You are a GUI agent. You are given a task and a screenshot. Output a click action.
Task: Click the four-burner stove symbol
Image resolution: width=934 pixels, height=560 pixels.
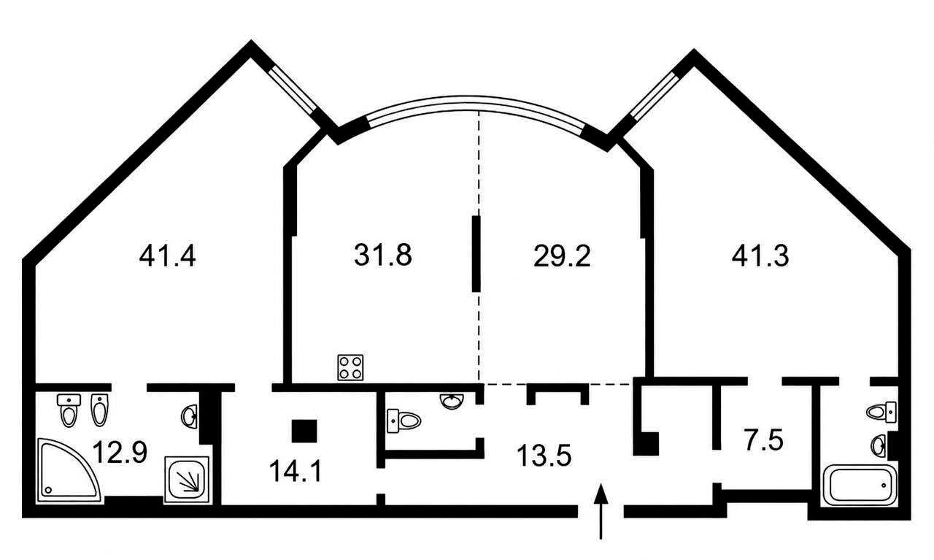(x=350, y=368)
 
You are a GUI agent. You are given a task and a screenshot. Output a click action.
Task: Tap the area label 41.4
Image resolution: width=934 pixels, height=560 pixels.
(x=167, y=256)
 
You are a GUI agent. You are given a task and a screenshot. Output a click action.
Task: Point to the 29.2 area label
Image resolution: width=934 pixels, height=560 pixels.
(x=562, y=256)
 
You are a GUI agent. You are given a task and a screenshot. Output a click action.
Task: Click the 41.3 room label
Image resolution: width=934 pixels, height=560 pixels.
(x=760, y=256)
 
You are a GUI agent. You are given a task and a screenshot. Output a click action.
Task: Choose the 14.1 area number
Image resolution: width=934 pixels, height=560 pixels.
(x=296, y=471)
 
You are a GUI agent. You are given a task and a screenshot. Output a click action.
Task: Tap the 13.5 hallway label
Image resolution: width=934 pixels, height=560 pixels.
(x=544, y=456)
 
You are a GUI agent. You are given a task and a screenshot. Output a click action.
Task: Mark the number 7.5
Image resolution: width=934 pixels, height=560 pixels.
(x=764, y=440)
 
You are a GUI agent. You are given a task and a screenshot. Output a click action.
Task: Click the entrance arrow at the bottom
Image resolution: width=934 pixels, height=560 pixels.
(x=601, y=511)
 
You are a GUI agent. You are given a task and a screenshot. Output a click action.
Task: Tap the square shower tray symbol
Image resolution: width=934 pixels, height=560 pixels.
(x=186, y=479)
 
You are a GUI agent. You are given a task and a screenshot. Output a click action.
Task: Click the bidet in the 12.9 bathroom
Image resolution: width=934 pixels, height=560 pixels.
(x=99, y=410)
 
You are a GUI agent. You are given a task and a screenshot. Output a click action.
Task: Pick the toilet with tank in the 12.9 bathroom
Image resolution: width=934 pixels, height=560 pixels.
(x=69, y=410)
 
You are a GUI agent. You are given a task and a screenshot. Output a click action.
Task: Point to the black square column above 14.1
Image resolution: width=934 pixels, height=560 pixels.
(x=304, y=431)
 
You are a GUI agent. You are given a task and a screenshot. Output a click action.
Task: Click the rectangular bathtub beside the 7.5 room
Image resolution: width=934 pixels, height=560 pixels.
(x=859, y=486)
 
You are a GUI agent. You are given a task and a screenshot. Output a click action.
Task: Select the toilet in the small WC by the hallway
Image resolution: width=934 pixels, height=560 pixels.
(x=404, y=421)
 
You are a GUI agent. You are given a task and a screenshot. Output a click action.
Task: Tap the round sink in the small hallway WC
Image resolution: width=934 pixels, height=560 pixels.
(x=451, y=402)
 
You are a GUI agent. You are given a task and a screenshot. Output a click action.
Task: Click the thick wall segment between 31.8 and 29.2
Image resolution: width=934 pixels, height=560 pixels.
(x=476, y=253)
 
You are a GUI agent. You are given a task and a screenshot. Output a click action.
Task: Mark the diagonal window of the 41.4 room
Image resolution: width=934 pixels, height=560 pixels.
(x=293, y=90)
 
